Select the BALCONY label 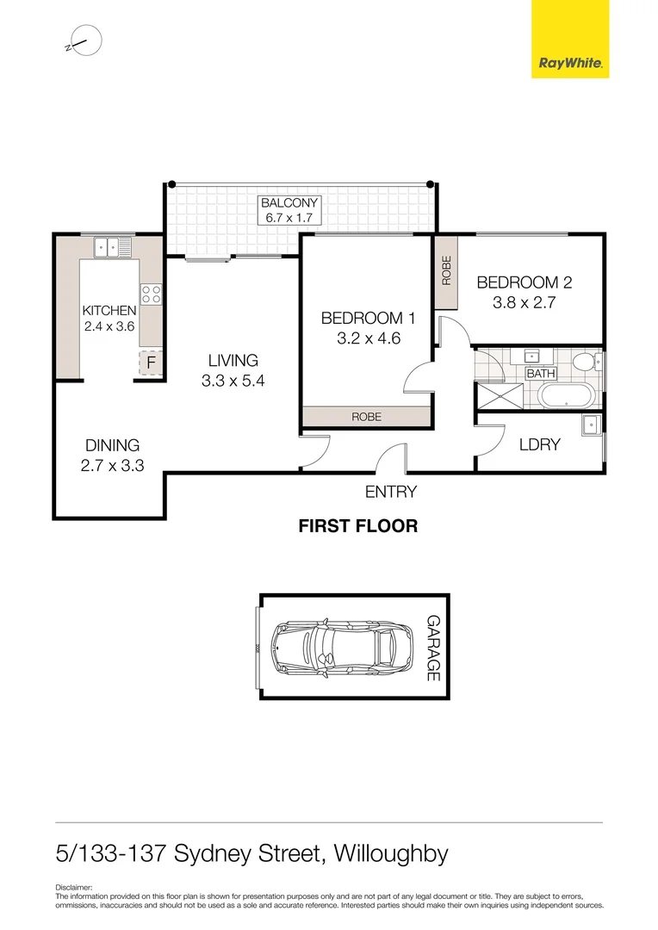(290, 203)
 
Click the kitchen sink (112, 247)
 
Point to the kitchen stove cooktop (152, 294)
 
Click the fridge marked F (151, 363)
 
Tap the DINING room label (112, 445)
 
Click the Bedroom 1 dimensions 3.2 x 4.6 (361, 338)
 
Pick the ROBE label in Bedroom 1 (366, 417)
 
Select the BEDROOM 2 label (524, 282)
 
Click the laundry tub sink (591, 425)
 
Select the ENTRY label (390, 492)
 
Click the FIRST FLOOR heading (357, 526)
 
